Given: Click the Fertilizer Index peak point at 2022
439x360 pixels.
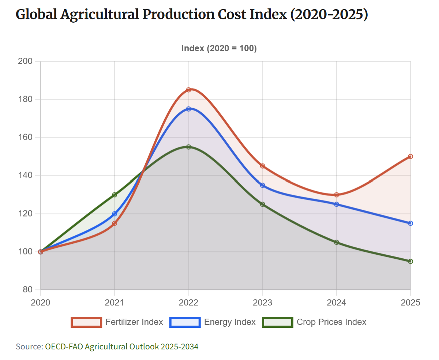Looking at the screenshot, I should tap(188, 90).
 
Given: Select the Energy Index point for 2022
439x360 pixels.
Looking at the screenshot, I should tap(188, 109).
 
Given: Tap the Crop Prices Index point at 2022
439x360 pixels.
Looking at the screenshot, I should tap(188, 147).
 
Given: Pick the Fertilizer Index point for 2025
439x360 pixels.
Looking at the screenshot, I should tap(410, 156).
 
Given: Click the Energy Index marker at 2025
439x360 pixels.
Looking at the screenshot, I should tap(410, 223).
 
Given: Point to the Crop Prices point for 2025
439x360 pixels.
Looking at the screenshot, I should tap(410, 261).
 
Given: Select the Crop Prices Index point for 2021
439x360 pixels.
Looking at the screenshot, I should tap(115, 195).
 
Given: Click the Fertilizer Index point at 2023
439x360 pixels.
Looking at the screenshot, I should tap(262, 166).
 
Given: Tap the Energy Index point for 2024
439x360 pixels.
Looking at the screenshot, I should tap(337, 204).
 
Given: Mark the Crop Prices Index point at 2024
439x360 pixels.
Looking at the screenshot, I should tap(337, 242).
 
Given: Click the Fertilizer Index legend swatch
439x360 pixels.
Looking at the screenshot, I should tap(86, 322).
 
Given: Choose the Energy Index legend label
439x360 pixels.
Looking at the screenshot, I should tap(230, 322).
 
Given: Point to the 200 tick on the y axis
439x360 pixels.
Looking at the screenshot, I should tap(25, 61).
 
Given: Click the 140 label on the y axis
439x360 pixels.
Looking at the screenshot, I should tap(25, 175).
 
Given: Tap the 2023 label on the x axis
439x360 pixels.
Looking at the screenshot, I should tap(262, 303).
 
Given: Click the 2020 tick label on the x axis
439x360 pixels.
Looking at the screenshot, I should tap(40, 303).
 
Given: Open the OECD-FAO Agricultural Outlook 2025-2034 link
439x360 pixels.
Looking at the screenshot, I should tap(121, 346).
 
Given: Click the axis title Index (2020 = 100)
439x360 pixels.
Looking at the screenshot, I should tap(219, 48).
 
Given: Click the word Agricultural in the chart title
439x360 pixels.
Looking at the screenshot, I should tap(98, 15).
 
